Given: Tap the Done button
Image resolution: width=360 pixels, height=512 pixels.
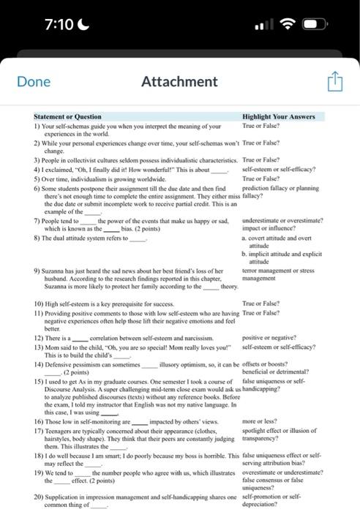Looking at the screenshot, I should [x=34, y=81].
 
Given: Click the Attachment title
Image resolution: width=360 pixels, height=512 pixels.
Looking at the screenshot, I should [x=181, y=81].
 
